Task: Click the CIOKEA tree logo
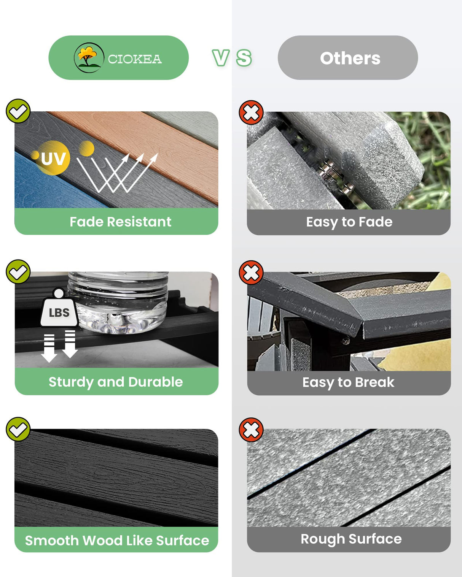coord(89,58)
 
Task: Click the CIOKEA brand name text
coord(135,59)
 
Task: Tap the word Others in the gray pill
coord(350,58)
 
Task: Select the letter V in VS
coord(221,58)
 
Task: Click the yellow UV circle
coord(53,158)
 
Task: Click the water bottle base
coord(118,320)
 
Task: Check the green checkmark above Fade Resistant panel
coord(18,111)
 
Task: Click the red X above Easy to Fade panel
coord(251,113)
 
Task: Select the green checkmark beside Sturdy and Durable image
coord(18,272)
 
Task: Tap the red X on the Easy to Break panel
coord(251,273)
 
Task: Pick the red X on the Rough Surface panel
coord(251,430)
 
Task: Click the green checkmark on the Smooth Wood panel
coord(18,429)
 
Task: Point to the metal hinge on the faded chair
coord(336,176)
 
